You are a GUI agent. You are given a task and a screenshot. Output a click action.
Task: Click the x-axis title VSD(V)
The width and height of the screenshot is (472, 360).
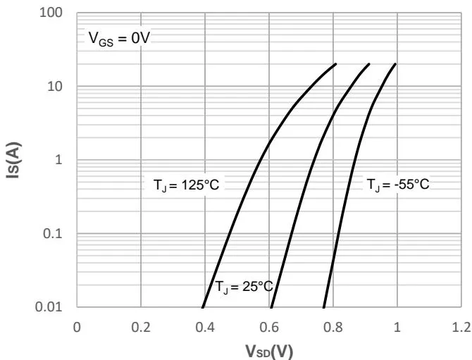pos(269,351)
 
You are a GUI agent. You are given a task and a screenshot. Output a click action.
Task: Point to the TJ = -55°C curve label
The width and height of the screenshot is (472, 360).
pos(397,185)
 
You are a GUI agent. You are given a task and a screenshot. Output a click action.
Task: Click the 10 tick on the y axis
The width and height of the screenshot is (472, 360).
pos(57,87)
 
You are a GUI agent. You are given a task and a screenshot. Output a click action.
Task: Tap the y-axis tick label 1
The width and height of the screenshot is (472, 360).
pos(61,160)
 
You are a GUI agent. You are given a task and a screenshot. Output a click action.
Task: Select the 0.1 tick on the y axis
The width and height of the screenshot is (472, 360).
pos(56,233)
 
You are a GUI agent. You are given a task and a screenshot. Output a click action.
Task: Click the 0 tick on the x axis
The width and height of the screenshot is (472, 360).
pos(77,326)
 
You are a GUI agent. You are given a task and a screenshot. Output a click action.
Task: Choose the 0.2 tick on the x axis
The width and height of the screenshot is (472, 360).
pos(141,326)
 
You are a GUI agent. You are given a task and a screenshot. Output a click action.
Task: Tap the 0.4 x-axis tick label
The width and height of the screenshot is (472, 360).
pos(205,326)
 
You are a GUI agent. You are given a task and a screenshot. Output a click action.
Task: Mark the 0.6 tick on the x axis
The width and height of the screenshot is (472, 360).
pos(269,326)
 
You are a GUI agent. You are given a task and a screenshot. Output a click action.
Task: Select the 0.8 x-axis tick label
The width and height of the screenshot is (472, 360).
pos(333,326)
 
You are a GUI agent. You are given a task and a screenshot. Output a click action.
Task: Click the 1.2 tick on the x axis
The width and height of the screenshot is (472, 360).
pos(461,326)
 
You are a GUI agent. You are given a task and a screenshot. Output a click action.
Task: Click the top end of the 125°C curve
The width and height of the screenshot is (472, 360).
pos(336,64)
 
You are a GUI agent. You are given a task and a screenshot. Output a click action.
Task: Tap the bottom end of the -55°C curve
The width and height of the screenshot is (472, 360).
pos(323,307)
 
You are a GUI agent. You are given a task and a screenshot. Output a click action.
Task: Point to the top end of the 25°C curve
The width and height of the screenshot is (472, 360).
pos(369,64)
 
